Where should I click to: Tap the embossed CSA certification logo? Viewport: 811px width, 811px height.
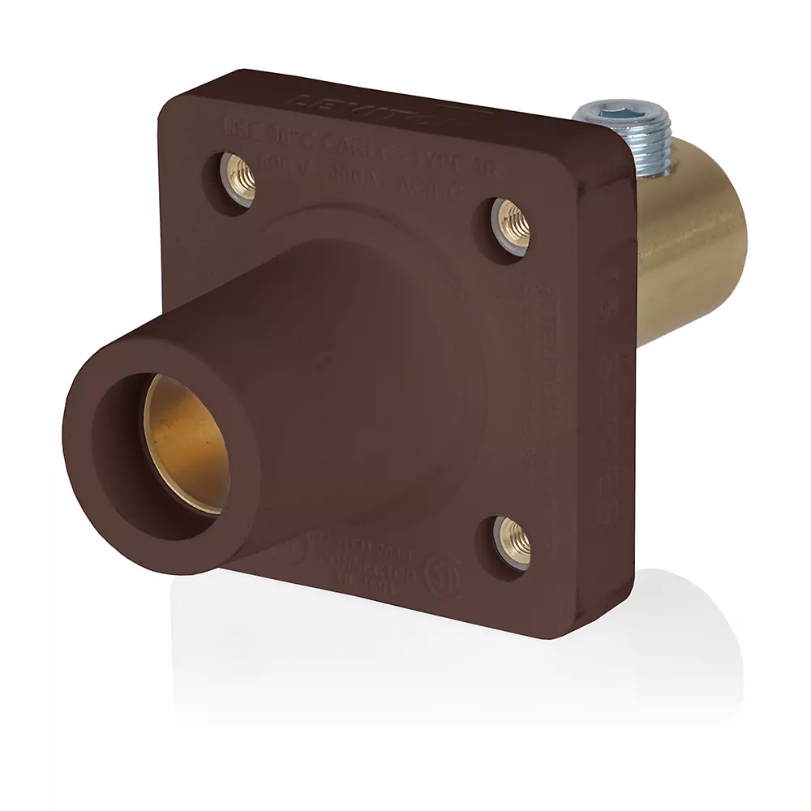tap(443, 573)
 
